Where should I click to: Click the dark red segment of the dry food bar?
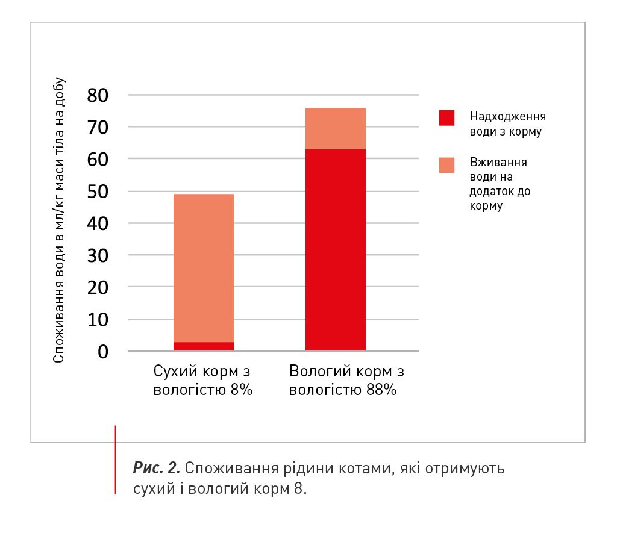pos(203,346)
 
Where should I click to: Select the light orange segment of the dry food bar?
pos(203,268)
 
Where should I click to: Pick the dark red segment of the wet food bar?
pos(336,250)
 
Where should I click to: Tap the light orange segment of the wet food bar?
pos(336,128)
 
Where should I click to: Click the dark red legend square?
pos(446,117)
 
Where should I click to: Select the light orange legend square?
pos(446,165)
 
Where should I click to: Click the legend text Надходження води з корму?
pos(507,123)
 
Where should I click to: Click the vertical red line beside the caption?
pos(115,459)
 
